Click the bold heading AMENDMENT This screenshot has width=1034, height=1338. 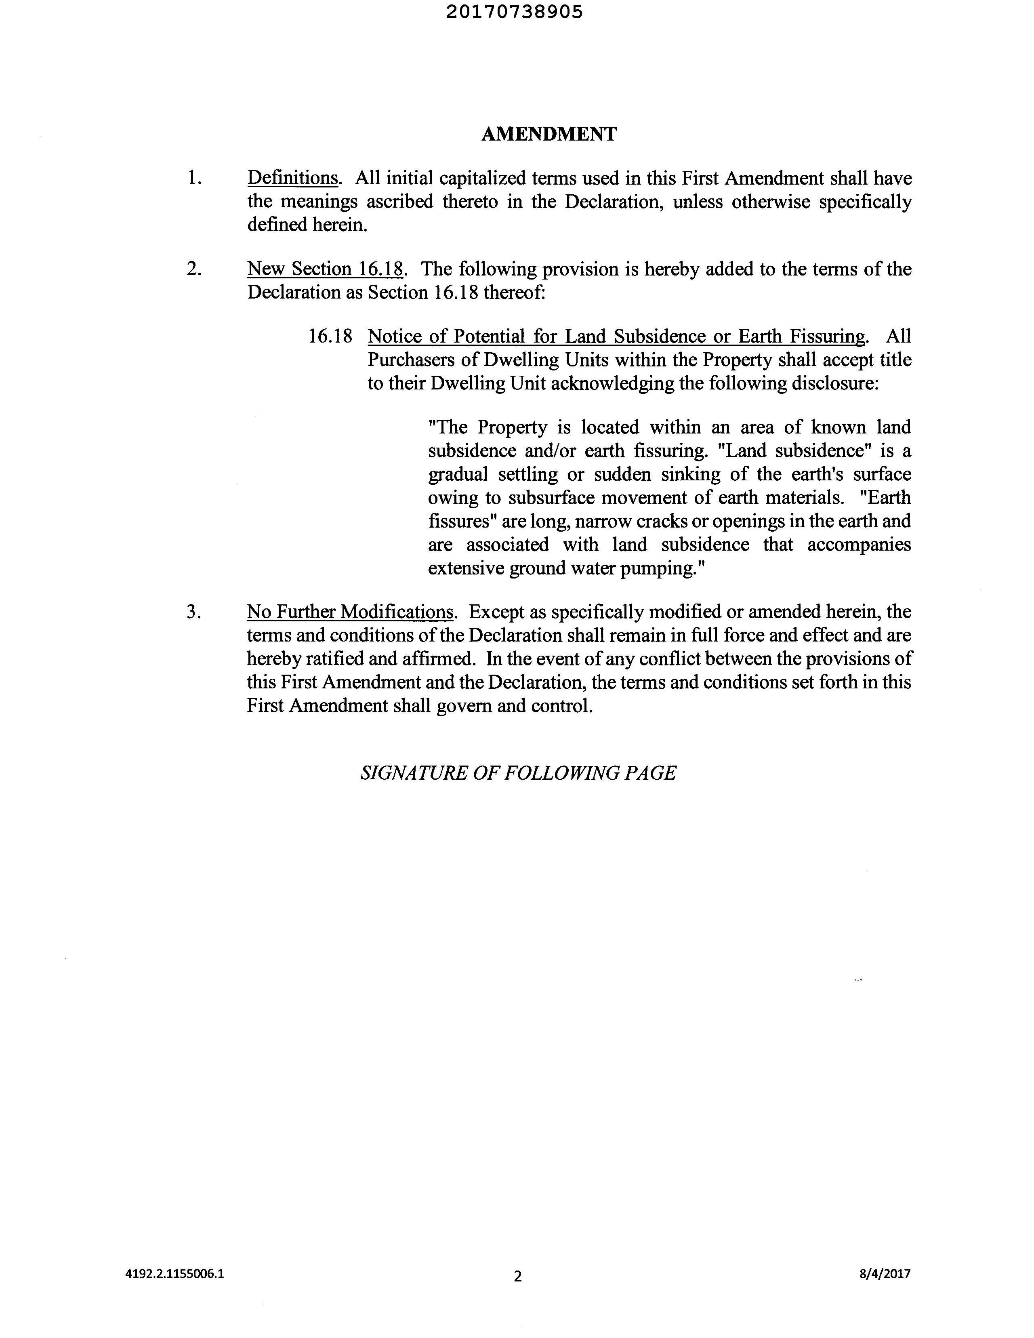pyautogui.click(x=549, y=134)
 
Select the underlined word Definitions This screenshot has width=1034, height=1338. pyautogui.click(x=292, y=178)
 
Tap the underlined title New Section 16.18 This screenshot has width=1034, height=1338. pyautogui.click(x=325, y=269)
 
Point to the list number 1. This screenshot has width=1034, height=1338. pyautogui.click(x=194, y=178)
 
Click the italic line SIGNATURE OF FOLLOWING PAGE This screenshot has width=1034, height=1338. pyautogui.click(x=518, y=773)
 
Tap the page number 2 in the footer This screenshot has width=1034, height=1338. pyautogui.click(x=518, y=1276)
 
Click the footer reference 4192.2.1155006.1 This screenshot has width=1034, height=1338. pyautogui.click(x=174, y=1274)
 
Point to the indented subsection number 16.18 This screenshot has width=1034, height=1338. pyautogui.click(x=330, y=337)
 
